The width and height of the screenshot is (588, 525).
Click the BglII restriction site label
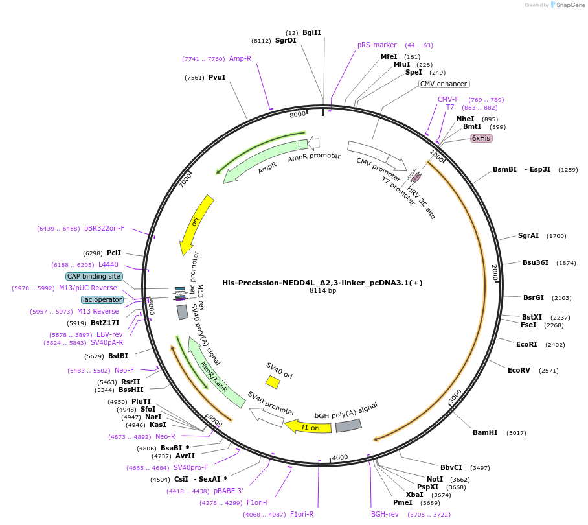311,32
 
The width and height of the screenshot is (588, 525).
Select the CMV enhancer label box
444,84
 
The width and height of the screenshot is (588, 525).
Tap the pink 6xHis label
481,138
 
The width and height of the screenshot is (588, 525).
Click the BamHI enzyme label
485,432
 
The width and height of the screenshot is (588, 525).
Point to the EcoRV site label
519,371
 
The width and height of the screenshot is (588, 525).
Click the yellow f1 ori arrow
308,427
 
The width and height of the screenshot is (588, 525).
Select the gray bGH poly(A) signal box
348,425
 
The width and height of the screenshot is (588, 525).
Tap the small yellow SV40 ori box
273,382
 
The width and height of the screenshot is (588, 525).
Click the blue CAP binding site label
94,276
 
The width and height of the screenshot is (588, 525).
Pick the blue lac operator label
102,299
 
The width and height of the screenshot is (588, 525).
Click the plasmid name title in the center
322,283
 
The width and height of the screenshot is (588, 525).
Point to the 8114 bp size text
322,291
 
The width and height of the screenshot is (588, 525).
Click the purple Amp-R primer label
240,58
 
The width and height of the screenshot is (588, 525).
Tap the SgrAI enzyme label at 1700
528,236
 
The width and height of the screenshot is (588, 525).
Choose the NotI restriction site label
444,480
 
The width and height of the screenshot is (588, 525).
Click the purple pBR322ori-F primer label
104,229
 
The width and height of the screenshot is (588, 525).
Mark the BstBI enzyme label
118,356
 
